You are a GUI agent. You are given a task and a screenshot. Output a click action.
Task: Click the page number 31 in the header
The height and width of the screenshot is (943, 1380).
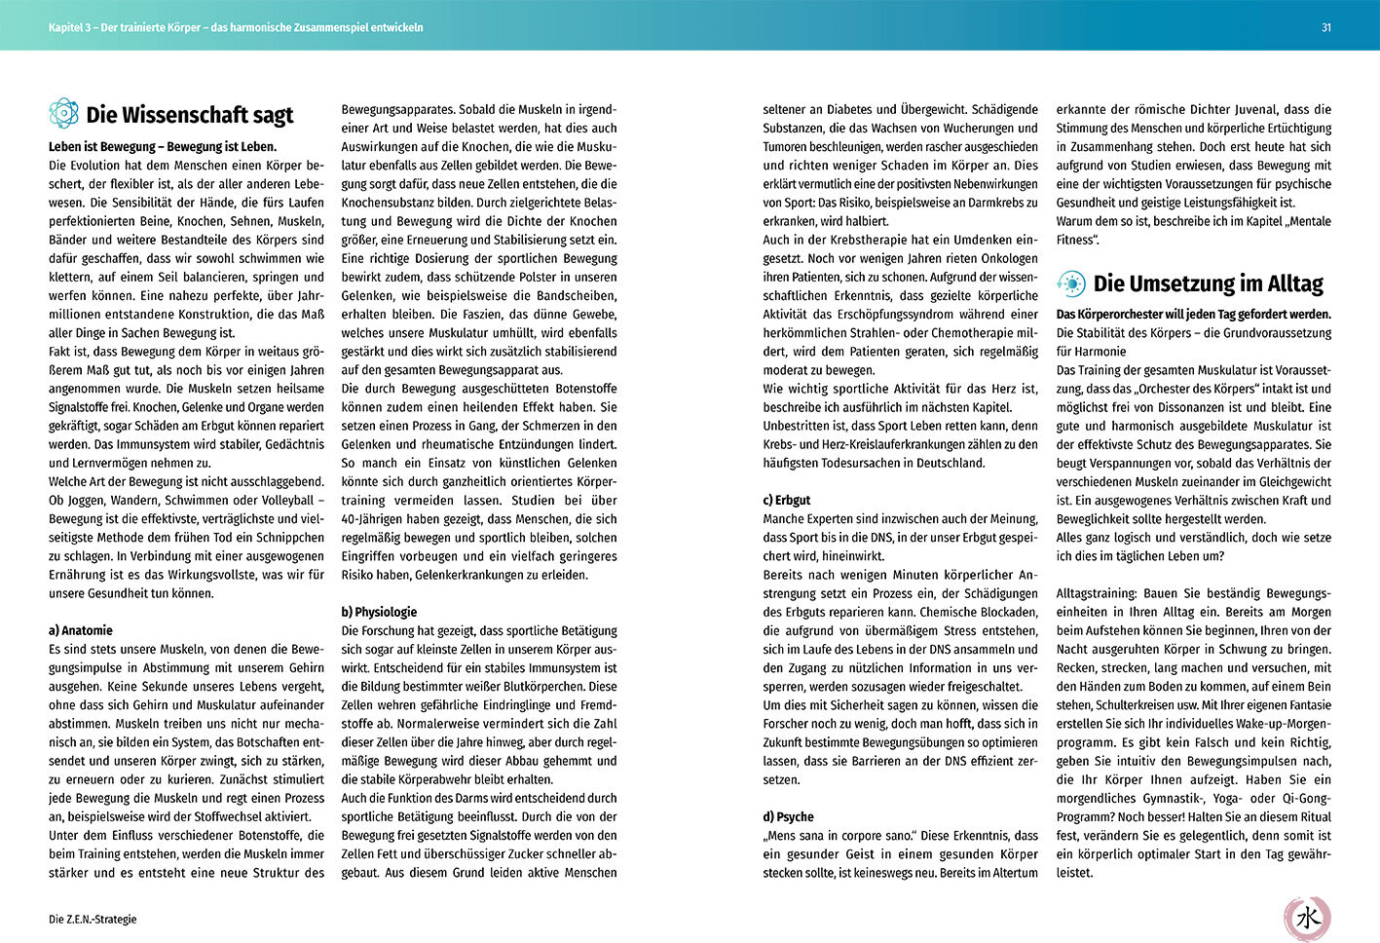point(1325,28)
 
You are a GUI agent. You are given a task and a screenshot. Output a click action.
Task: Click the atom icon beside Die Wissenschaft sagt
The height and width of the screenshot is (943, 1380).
point(63,114)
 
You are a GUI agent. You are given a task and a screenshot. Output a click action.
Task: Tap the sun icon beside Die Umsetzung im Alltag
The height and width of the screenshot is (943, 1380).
point(1071,283)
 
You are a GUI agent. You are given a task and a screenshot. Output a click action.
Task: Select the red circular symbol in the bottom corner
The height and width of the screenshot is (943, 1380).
point(1307,918)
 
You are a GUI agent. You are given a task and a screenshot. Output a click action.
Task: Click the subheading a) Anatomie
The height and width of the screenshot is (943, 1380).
point(81,630)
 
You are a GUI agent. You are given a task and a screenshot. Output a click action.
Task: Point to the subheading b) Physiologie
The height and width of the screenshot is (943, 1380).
point(379,612)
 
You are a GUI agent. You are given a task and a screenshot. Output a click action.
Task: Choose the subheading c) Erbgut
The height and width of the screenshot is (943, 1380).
point(787,500)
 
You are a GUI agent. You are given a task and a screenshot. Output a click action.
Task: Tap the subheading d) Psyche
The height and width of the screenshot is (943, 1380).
point(788,816)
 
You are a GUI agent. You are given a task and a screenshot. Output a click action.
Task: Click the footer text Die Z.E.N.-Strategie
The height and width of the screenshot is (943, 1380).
point(93,919)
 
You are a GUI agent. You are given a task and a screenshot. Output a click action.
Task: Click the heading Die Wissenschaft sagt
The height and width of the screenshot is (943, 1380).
point(189,115)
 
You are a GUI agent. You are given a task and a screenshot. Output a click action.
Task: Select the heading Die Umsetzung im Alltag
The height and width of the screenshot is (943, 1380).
point(1208,284)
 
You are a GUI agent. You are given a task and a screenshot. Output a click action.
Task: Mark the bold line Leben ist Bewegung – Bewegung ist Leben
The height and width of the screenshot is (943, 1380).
point(163,147)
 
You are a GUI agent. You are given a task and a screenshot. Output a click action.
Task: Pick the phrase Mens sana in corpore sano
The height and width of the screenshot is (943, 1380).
point(839,836)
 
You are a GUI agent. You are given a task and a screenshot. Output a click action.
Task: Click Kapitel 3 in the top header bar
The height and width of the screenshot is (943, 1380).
point(70,28)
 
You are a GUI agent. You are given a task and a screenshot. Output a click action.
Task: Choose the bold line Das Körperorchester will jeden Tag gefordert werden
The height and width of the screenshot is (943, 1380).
point(1193,315)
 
